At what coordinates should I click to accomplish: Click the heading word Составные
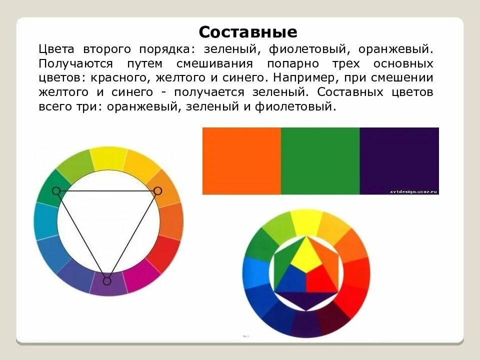click(248, 32)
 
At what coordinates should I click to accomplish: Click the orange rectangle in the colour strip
click(241, 160)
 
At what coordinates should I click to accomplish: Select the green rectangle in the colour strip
click(320, 160)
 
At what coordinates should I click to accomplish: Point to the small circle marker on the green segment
click(56, 190)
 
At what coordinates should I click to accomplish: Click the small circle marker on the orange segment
click(157, 190)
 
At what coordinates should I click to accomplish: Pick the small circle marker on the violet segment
click(106, 281)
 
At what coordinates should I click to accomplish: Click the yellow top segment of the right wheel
click(306, 221)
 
